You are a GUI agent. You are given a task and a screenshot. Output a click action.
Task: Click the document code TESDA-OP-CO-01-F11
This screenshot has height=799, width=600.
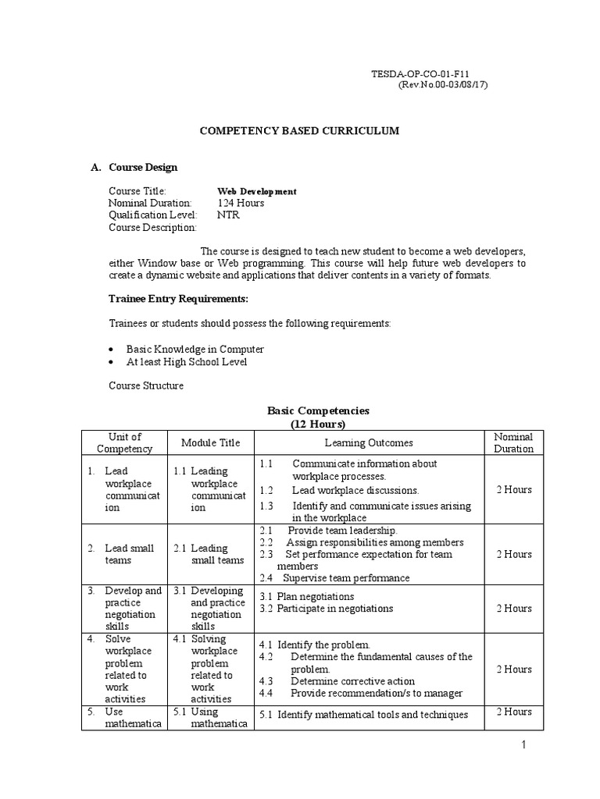click(430, 73)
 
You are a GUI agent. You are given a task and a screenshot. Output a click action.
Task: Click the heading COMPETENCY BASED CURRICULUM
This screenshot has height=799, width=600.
click(300, 131)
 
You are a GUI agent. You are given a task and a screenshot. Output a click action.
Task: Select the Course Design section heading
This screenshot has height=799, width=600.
click(143, 167)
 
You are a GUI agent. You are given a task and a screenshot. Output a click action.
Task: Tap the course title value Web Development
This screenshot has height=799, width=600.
click(256, 191)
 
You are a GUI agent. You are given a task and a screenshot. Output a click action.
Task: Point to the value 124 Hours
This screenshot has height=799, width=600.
click(241, 203)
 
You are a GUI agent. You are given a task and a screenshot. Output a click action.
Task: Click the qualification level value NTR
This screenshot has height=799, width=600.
click(228, 215)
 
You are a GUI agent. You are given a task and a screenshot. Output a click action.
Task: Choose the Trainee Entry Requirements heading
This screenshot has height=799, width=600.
click(178, 299)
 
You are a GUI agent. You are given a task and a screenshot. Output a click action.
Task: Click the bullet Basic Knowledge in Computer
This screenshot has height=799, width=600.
click(195, 350)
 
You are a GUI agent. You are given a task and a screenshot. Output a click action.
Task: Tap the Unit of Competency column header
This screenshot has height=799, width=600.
click(125, 442)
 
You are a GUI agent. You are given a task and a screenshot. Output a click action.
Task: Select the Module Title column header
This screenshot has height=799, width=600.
click(210, 442)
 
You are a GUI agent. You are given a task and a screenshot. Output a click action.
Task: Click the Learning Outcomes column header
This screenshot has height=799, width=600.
click(369, 442)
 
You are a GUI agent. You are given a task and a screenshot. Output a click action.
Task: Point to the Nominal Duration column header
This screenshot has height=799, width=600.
click(513, 442)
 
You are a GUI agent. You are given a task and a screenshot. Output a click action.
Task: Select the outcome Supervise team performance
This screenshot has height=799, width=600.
click(345, 578)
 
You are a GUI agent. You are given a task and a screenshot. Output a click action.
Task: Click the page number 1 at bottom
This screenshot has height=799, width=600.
click(526, 746)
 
